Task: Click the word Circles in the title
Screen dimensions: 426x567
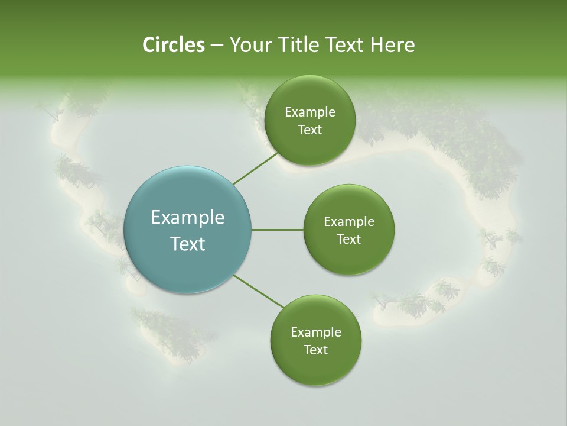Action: click(173, 45)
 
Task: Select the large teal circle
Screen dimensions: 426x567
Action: click(188, 230)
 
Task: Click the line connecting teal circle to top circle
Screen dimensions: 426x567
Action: click(255, 169)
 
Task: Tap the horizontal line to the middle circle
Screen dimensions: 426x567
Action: click(278, 230)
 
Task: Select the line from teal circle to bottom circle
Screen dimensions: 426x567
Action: click(259, 292)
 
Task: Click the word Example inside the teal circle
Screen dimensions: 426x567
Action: click(188, 218)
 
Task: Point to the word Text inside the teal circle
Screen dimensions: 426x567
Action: click(188, 244)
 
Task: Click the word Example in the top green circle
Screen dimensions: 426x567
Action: click(310, 112)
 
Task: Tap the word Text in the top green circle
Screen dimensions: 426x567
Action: click(309, 130)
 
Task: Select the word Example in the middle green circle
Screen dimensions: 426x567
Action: click(349, 222)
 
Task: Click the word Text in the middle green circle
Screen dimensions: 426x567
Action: click(348, 239)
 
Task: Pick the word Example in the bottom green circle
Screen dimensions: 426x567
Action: click(316, 333)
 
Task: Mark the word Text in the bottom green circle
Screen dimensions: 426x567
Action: click(315, 350)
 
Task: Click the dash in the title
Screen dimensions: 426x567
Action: click(216, 46)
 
